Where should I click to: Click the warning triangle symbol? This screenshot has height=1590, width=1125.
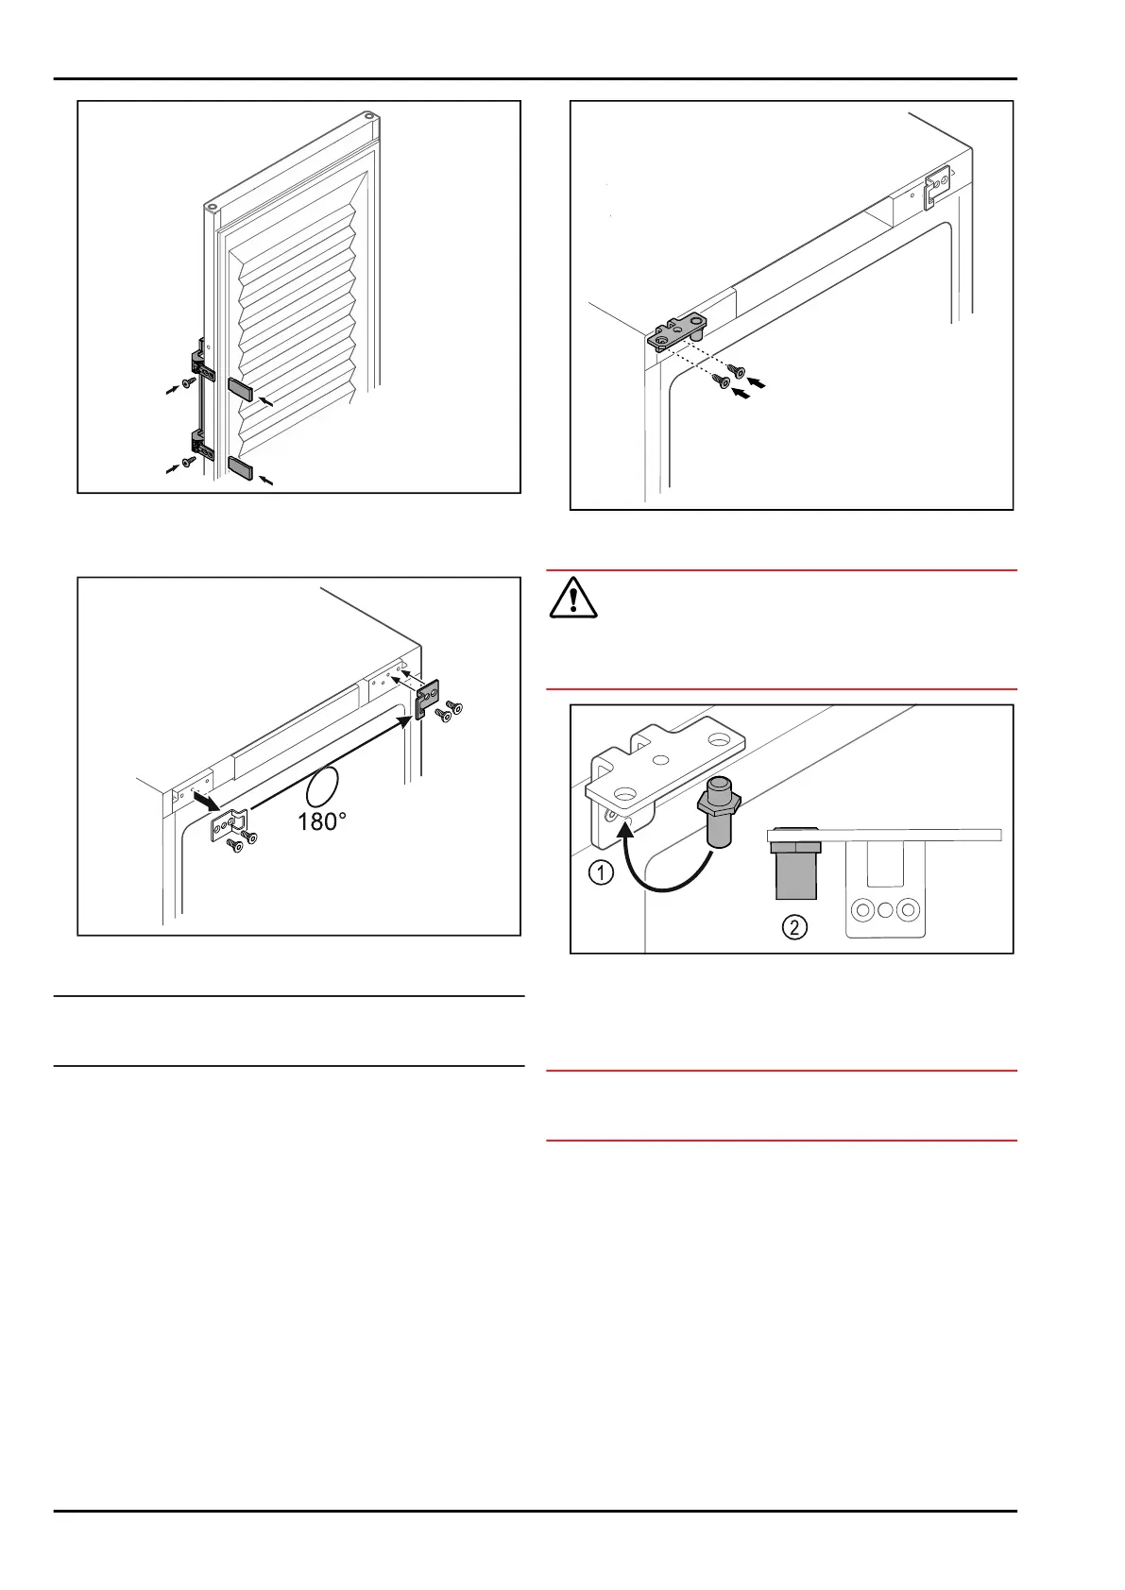[572, 598]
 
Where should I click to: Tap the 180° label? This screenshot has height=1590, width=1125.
[321, 821]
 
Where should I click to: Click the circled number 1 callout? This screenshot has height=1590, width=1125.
[601, 872]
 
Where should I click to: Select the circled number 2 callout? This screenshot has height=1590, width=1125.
[795, 926]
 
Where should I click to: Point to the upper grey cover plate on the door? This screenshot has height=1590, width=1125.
[240, 389]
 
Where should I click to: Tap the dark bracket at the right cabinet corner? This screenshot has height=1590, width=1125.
[429, 699]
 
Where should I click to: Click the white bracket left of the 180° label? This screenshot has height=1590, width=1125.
[227, 824]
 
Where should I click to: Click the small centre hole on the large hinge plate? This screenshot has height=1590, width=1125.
[661, 758]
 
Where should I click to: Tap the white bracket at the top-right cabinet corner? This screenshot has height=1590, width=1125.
[936, 186]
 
